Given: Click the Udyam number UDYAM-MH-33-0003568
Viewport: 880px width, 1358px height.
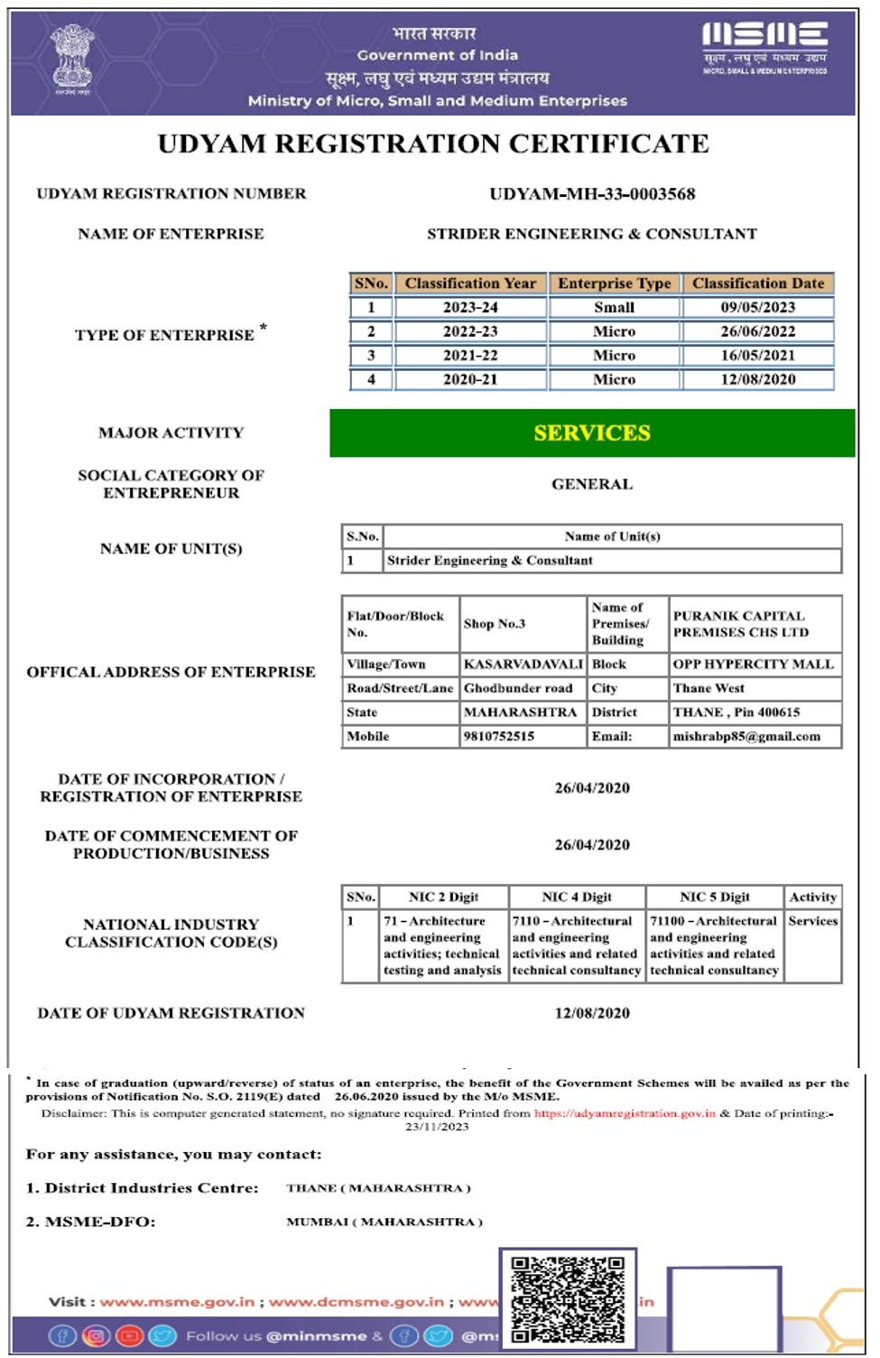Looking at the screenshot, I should coord(592,194).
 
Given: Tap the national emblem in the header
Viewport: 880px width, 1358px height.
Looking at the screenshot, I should coord(72,60).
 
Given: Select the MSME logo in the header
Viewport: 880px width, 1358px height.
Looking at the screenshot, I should coord(764,47).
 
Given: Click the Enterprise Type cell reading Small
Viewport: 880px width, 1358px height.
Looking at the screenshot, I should coord(614,308).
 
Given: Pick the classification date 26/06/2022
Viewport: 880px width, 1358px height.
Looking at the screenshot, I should coord(757,331).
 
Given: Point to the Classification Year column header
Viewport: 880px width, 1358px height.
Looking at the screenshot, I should coord(470,284).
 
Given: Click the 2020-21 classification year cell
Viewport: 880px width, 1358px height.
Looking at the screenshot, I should coord(470,380).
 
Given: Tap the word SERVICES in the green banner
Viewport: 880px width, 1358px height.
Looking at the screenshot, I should coord(592,433).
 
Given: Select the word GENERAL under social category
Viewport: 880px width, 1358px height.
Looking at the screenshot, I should coord(592,485).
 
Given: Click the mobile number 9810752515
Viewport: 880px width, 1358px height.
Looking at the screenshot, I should coord(499,737).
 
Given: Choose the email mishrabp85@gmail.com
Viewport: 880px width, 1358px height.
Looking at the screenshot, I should coord(746,737).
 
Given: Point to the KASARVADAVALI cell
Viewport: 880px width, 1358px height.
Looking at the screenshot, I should coord(523,665).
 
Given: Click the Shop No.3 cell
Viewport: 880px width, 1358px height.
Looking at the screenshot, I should coord(495,624).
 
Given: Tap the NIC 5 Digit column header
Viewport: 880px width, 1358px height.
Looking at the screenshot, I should coord(715,898).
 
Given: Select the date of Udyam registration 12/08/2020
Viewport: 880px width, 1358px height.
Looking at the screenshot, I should coord(592,1013).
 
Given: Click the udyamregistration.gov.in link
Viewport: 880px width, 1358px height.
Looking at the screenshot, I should coord(625,1113).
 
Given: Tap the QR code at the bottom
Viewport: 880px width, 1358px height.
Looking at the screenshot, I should coord(568,1298).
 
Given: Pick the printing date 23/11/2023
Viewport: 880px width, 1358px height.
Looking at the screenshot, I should coord(437,1127).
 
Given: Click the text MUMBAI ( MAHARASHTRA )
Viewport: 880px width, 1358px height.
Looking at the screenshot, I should coord(384,1222).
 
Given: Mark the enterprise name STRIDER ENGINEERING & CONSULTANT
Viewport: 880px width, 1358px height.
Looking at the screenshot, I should coord(592,235).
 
